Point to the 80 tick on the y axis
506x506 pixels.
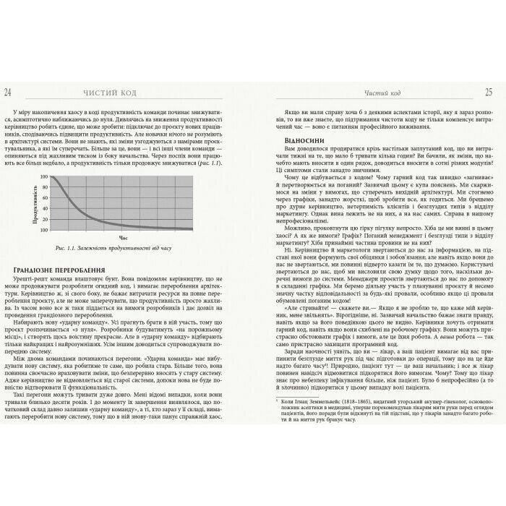(x=44, y=186)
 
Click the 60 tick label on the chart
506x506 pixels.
(x=44, y=197)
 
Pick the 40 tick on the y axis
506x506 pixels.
(x=44, y=207)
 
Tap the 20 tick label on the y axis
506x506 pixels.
(x=44, y=218)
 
